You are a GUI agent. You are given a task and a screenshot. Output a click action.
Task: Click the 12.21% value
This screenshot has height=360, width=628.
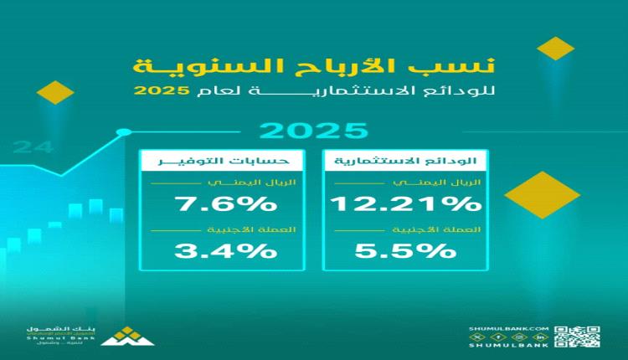pyautogui.click(x=405, y=203)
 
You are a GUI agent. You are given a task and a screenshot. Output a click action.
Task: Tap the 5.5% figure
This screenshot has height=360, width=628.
pyautogui.click(x=405, y=249)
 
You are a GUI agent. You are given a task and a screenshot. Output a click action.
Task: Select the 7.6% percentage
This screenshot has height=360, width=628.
pyautogui.click(x=224, y=203)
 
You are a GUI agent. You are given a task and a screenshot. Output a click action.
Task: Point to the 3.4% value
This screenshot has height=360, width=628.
pyautogui.click(x=224, y=249)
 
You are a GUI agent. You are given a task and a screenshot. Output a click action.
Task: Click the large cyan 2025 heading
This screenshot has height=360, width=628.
pyautogui.click(x=313, y=131)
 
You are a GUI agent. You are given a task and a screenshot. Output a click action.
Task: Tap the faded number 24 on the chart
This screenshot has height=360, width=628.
pyautogui.click(x=33, y=148)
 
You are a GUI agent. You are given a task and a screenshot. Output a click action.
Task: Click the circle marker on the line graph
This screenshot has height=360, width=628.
pyautogui.click(x=124, y=131)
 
